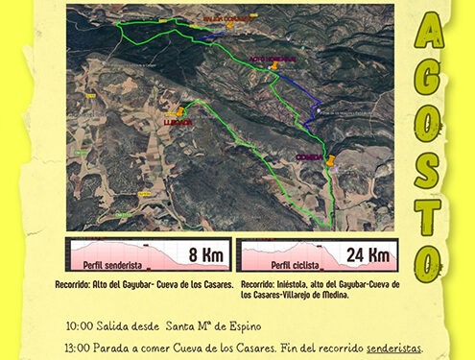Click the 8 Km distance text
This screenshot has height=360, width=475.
pyautogui.click(x=206, y=255)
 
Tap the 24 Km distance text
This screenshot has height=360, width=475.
pyautogui.click(x=368, y=255)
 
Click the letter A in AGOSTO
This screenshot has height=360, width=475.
pyautogui.click(x=428, y=36)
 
